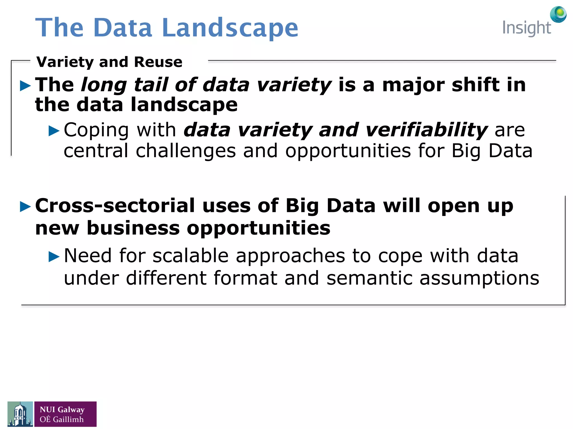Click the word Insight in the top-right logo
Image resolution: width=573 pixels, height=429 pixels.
pos(526,28)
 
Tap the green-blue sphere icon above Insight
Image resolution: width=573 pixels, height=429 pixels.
pos(558,14)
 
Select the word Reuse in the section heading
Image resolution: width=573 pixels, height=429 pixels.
pos(158,62)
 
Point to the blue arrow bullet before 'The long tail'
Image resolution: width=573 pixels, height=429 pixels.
pos(25,86)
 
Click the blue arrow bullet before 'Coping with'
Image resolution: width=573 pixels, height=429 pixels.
pos(54,131)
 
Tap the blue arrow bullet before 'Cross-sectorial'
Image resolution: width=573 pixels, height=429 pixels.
pos(25,207)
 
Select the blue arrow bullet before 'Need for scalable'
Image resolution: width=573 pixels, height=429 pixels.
pos(54,256)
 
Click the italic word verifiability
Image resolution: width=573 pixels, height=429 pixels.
pos(426,130)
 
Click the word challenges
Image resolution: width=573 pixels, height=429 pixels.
pos(186,151)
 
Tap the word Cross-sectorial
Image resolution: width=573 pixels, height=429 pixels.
pos(115,206)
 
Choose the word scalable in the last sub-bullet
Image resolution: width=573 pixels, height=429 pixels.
pos(191,256)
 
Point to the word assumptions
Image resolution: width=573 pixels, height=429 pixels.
pos(479,279)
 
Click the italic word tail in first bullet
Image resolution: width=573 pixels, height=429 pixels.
pos(151,85)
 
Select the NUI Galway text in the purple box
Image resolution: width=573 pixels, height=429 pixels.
pos(62,409)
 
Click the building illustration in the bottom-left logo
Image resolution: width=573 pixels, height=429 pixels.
pos(20,414)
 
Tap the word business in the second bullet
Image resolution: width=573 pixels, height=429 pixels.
pos(133,228)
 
